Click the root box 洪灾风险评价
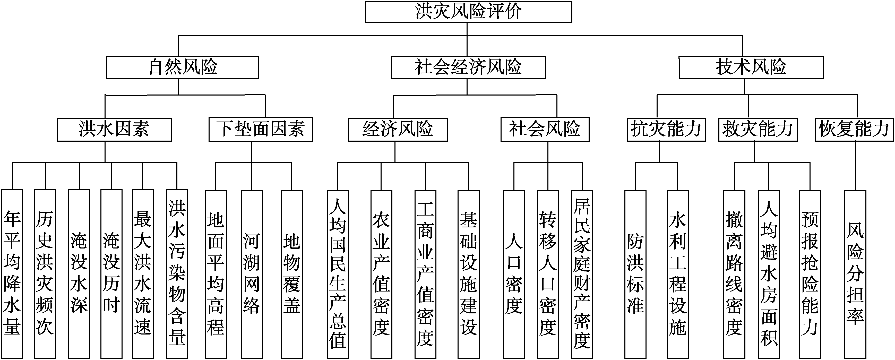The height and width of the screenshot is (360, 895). (468, 12)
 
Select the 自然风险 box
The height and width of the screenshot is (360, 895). (182, 67)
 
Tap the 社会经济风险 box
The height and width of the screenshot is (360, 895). (468, 67)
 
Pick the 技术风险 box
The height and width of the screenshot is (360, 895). (751, 67)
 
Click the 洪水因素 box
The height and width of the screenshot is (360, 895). (114, 130)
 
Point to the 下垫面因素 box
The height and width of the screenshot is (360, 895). (261, 130)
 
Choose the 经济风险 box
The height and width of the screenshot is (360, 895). (398, 130)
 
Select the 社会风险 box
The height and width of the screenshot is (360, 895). (545, 130)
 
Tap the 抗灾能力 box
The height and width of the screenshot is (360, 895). (666, 130)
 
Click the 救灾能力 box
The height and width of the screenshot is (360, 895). (758, 130)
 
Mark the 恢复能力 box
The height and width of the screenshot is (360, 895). (854, 130)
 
